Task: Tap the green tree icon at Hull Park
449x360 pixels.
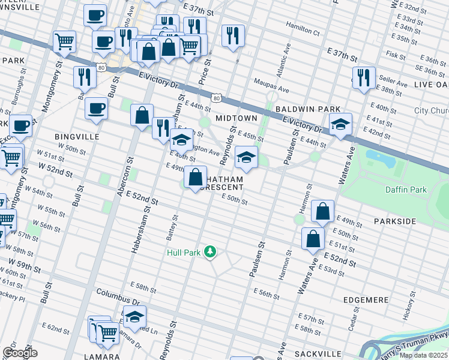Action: coord(209,251)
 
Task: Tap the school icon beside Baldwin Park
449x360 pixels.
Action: coord(340,124)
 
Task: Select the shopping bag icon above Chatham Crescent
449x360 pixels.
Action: coord(196,177)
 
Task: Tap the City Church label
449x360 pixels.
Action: coord(431,111)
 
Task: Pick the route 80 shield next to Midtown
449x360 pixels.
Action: coord(216,97)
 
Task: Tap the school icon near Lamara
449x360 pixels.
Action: coord(134,316)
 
